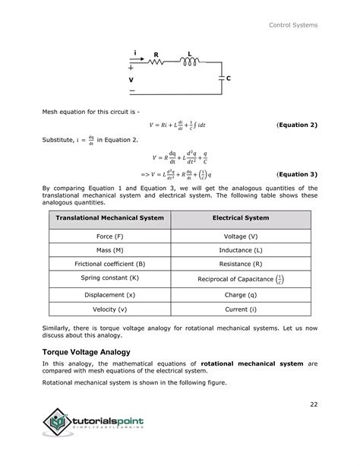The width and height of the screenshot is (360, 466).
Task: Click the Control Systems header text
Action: point(293,26)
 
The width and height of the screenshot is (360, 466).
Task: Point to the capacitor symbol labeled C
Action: point(221,78)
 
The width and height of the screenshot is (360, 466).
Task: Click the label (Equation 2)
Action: point(297,124)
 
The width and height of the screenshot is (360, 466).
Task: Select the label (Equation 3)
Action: point(297,173)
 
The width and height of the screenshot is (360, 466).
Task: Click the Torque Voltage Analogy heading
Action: point(86,352)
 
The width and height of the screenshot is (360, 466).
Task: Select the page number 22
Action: point(313,404)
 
